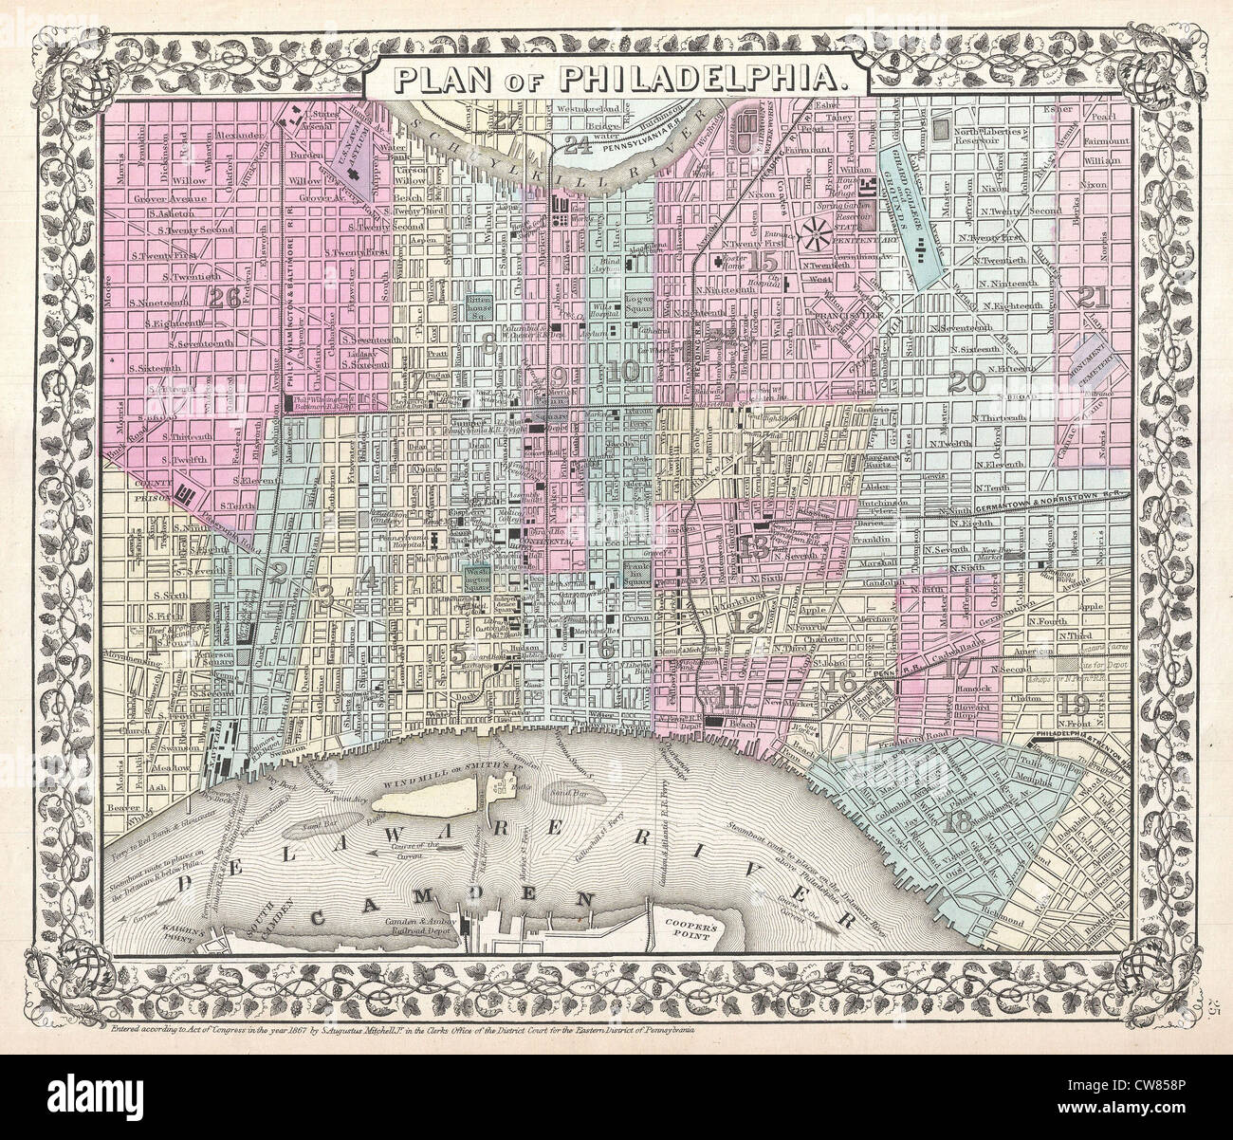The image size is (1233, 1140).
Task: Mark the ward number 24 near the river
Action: [575, 144]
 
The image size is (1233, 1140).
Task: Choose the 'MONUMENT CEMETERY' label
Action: [1089, 363]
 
